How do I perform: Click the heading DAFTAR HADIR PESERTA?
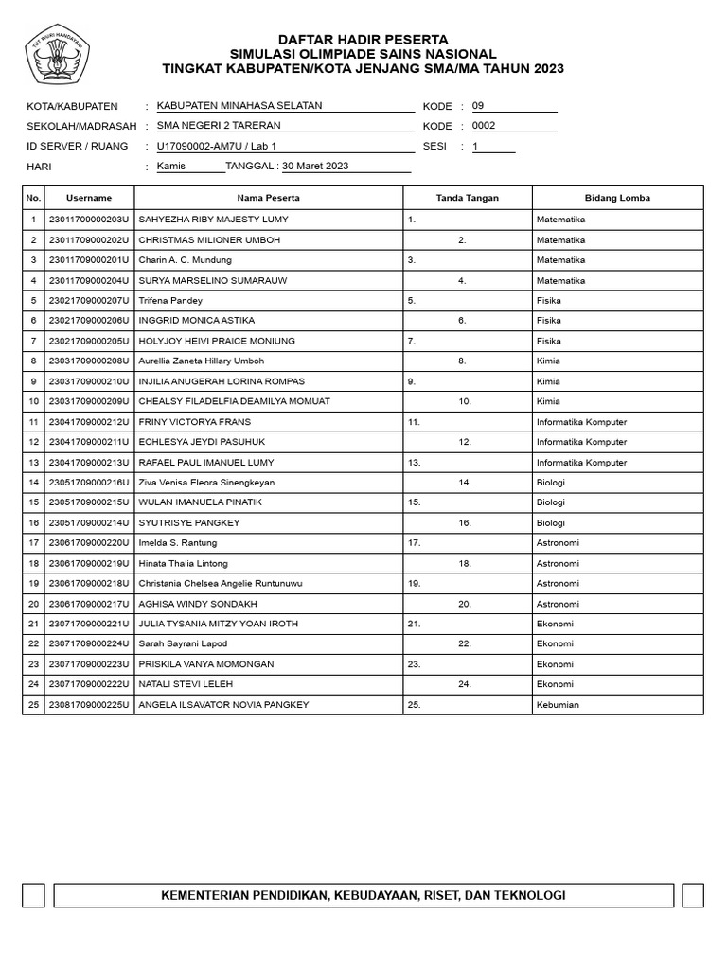[x=363, y=39]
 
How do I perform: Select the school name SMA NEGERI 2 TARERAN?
[x=219, y=125]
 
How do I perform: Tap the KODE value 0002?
[x=484, y=125]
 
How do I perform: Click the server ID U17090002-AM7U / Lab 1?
[x=217, y=146]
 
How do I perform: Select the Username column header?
[x=89, y=198]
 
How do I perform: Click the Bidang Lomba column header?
[x=617, y=198]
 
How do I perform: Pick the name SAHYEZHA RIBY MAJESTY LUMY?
[x=214, y=220]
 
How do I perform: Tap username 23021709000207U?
[x=88, y=300]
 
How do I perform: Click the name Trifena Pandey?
[x=170, y=300]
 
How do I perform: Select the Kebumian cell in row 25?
[x=558, y=705]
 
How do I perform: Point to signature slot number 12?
[x=465, y=442]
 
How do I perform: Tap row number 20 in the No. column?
[x=34, y=604]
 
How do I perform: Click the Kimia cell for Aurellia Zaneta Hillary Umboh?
[x=548, y=361]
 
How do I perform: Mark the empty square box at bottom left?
[x=33, y=895]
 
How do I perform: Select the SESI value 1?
[x=476, y=146]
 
